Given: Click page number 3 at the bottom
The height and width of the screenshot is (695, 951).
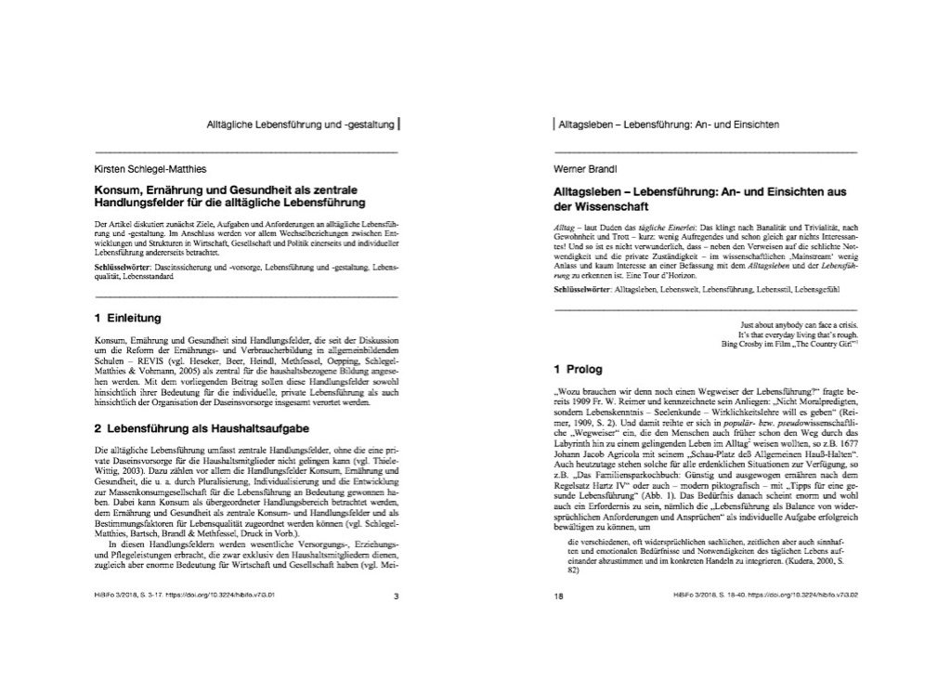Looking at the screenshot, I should pyautogui.click(x=396, y=597).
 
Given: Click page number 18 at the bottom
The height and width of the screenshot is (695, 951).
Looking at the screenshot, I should pyautogui.click(x=559, y=597).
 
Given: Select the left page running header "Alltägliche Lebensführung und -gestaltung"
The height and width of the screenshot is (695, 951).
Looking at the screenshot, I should pyautogui.click(x=300, y=123).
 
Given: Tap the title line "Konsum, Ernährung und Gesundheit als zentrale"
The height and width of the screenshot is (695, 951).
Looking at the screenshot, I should pyautogui.click(x=224, y=189).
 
